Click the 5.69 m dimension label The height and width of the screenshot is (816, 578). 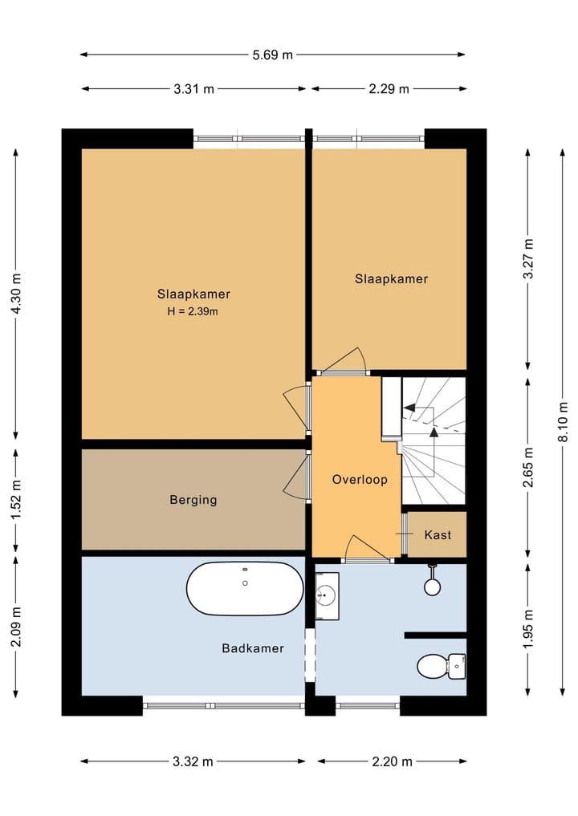[x=272, y=55]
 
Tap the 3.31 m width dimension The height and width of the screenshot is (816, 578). [x=193, y=89]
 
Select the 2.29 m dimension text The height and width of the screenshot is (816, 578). [x=389, y=89]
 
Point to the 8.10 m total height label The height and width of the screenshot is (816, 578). [x=563, y=422]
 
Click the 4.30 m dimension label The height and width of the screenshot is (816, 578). [x=16, y=294]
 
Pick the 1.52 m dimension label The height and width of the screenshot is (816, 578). [x=16, y=500]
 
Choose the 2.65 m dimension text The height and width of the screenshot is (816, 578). [x=528, y=467]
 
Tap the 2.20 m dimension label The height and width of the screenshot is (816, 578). [x=392, y=762]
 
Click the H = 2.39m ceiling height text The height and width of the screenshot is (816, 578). [x=193, y=312]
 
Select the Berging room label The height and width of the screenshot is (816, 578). [x=193, y=500]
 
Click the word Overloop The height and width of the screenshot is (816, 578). [x=360, y=479]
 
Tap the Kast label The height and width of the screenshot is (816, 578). [x=438, y=535]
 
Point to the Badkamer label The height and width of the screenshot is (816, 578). [x=253, y=648]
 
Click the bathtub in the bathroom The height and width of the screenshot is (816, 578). [x=245, y=589]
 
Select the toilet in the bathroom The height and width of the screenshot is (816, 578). [x=441, y=666]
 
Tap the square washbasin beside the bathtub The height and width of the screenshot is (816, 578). [x=327, y=596]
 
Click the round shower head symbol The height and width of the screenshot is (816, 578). [x=432, y=587]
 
